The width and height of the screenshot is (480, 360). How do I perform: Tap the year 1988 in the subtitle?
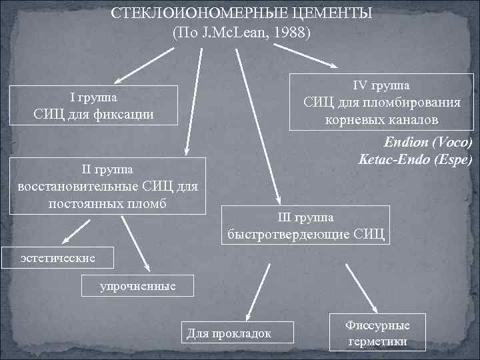pos(291,32)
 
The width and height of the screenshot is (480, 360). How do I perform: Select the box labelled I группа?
pos(94,106)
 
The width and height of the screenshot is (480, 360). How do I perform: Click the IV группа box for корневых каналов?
pos(381,103)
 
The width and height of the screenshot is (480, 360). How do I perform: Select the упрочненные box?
pos(138,286)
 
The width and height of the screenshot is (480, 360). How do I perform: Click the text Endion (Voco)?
pos(427,143)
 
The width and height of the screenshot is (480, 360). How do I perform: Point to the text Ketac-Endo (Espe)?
pos(415,160)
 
